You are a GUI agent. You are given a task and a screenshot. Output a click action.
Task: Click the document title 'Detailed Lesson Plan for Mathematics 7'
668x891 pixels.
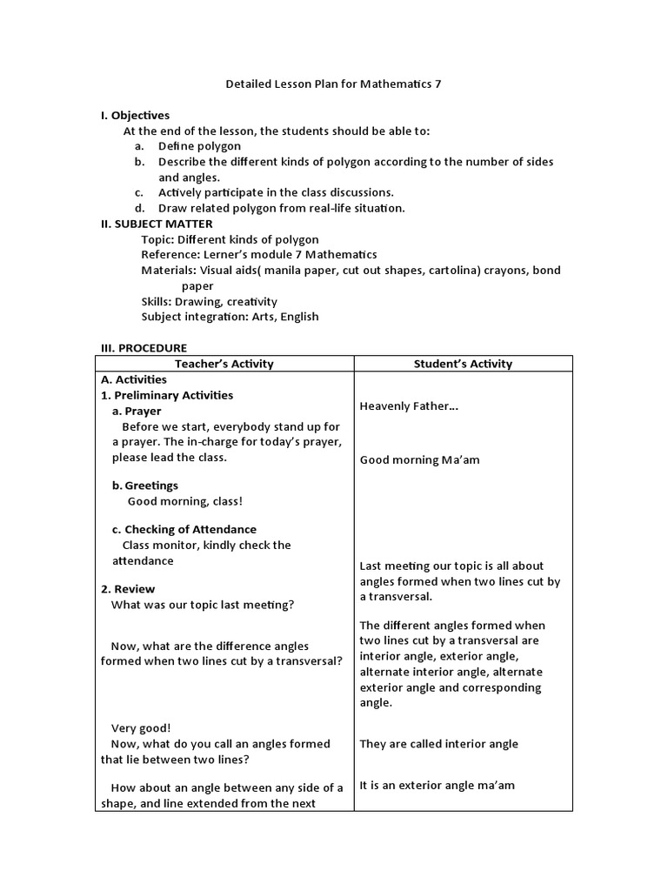[333, 84]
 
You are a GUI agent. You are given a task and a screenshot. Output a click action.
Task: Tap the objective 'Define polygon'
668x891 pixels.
[199, 146]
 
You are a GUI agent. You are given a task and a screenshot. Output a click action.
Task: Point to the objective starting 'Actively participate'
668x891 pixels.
[276, 192]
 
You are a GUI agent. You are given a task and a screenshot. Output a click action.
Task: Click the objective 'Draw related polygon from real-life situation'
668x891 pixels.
[281, 208]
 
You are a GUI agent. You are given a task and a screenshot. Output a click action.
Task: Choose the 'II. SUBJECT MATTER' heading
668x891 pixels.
[157, 224]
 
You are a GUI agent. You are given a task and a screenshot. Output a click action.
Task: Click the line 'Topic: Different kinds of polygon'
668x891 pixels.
[230, 239]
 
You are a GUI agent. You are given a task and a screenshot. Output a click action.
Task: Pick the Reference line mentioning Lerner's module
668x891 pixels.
[258, 255]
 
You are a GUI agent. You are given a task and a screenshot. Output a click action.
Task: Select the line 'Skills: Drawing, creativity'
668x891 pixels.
[209, 301]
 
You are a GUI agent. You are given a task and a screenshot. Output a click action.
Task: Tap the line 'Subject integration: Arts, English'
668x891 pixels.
[230, 317]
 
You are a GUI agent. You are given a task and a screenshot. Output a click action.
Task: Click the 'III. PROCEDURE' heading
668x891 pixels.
[144, 348]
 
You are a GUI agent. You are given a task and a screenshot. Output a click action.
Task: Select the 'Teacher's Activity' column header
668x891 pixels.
[224, 364]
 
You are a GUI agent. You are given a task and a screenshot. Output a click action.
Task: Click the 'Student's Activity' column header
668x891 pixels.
[463, 364]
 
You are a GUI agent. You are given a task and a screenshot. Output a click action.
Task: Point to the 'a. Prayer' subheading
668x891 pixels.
[137, 411]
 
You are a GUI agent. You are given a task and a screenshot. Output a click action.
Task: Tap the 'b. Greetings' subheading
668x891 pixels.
[145, 486]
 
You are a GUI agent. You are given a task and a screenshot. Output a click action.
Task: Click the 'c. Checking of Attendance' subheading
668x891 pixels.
[184, 529]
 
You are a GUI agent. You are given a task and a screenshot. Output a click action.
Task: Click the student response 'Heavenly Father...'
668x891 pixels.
[409, 406]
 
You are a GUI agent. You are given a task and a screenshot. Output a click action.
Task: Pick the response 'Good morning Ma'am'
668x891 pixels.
[419, 460]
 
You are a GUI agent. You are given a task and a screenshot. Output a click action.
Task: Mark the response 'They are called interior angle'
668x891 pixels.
[438, 744]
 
